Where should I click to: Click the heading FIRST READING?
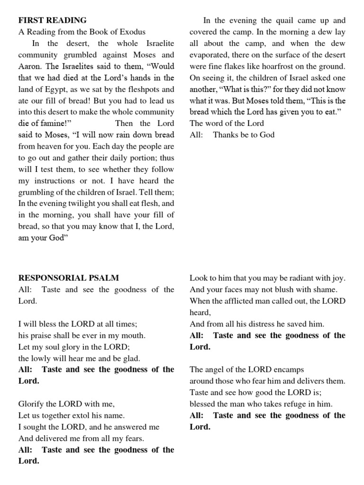tap(52, 20)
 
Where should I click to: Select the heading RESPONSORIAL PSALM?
tap(68, 278)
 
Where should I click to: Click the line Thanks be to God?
tap(244, 135)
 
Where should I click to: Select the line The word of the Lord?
tap(227, 123)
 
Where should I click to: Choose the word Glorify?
tap(34, 404)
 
